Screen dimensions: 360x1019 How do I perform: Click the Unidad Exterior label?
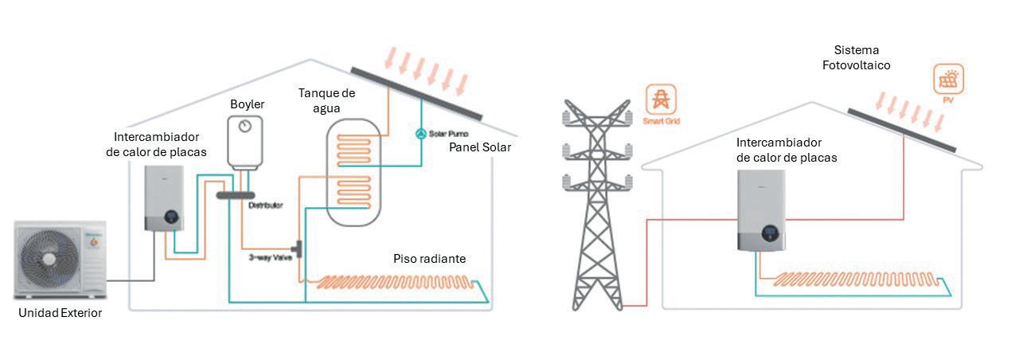coord(61,313)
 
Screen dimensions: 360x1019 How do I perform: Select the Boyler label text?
coord(247,104)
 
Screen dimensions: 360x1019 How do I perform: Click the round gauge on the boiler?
coord(245,127)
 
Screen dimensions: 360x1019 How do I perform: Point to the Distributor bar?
coord(235,194)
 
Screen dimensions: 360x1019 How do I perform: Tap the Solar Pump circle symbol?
coord(421,133)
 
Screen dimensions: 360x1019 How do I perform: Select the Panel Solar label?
coord(480,148)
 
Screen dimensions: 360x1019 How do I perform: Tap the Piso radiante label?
coord(429,259)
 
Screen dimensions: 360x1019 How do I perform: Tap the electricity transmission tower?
coord(597,207)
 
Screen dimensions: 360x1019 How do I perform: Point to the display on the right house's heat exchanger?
coord(769,233)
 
